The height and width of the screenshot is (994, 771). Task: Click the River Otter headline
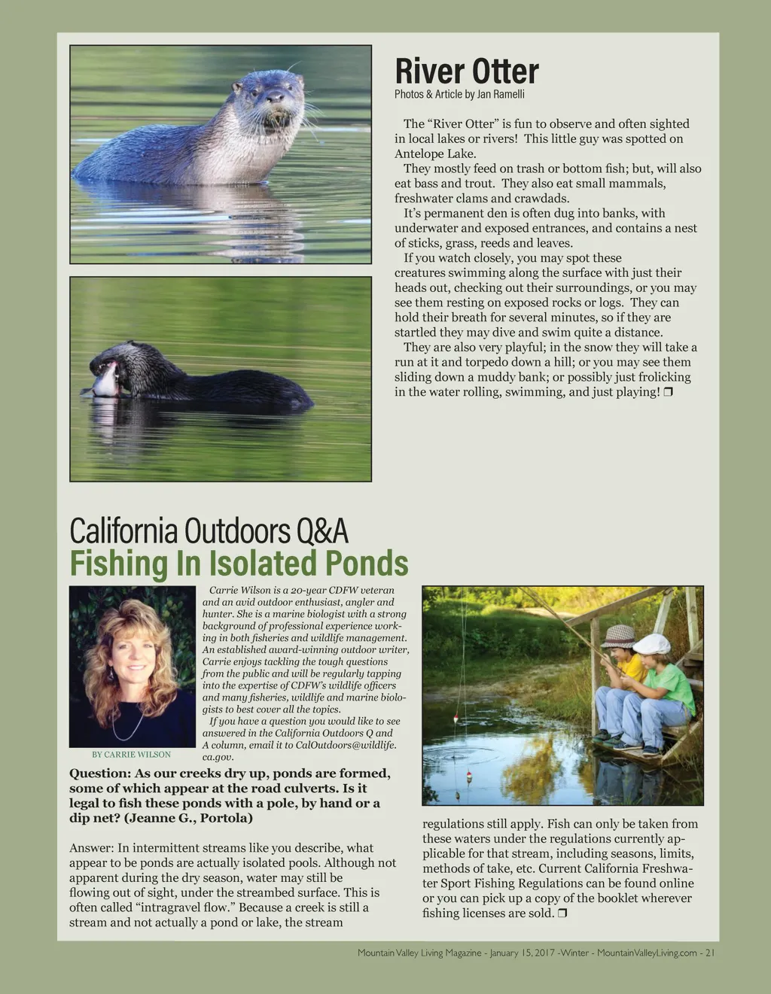tap(467, 72)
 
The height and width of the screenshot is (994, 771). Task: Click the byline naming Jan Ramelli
tap(459, 94)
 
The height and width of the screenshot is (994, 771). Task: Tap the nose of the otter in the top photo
tap(275, 97)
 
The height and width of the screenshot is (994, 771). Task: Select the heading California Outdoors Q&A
tap(209, 531)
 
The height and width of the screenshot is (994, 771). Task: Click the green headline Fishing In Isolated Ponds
tap(239, 564)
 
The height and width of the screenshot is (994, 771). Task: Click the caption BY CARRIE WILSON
tap(131, 754)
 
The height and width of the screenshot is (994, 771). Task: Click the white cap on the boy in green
tap(652, 643)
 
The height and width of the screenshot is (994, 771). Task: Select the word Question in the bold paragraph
tap(99, 774)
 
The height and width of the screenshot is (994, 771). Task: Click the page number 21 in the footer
tap(709, 953)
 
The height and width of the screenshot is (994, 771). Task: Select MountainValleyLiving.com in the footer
tap(647, 953)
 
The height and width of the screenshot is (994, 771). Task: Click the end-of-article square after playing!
tap(668, 392)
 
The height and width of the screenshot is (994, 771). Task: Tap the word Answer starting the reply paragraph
tap(90, 848)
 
